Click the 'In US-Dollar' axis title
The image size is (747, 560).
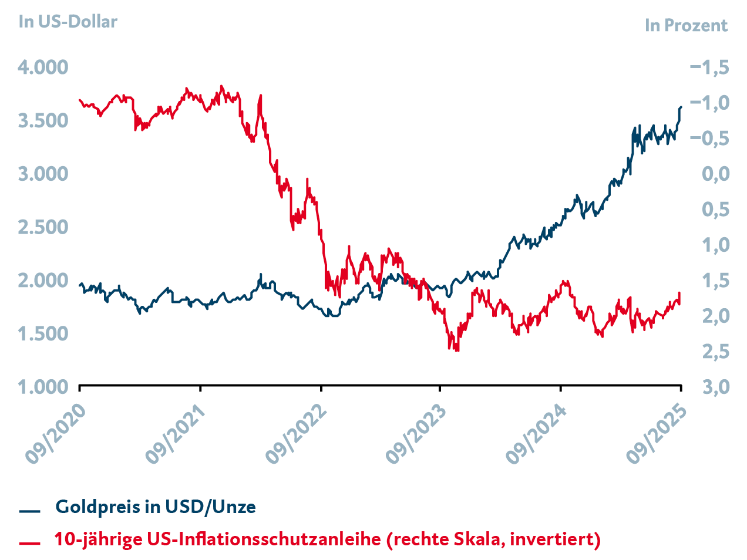[68, 22]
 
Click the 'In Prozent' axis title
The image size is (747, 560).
[685, 26]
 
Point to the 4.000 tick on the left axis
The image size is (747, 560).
[43, 68]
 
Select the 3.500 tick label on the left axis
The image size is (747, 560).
[43, 121]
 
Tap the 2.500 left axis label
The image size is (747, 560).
[43, 227]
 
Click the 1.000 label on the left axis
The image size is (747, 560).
[43, 387]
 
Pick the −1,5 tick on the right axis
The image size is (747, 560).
[709, 68]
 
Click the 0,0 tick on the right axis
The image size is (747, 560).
[715, 174]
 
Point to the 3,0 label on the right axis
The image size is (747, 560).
[715, 387]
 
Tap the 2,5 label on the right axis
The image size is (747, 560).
[715, 352]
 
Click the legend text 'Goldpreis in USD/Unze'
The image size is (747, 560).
[156, 507]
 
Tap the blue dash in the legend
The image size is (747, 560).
[29, 511]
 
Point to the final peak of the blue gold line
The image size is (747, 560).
[681, 107]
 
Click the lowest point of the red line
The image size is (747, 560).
[457, 350]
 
